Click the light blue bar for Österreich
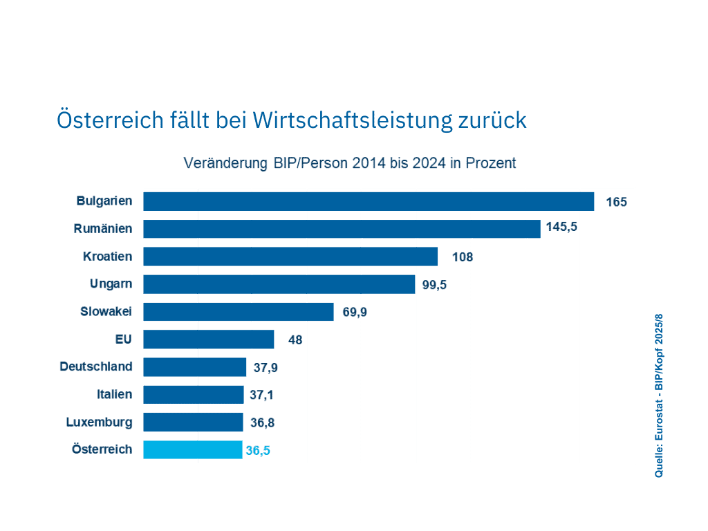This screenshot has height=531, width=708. (x=193, y=450)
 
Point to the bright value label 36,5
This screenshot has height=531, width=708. (x=258, y=451)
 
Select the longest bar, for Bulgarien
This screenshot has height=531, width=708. (x=369, y=201)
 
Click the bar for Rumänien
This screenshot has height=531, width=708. (x=342, y=229)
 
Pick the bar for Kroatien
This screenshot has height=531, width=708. (x=290, y=257)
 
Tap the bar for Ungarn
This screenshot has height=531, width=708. (x=279, y=284)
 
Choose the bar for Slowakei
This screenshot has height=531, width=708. (x=239, y=312)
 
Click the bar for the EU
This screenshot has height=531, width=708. (x=209, y=339)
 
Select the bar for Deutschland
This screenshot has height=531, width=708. (x=195, y=367)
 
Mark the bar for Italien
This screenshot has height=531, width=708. (x=194, y=395)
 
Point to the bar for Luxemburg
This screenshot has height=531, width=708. (x=193, y=422)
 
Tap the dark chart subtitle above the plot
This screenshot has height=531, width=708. (x=349, y=164)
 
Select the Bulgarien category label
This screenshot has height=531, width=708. (x=105, y=201)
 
